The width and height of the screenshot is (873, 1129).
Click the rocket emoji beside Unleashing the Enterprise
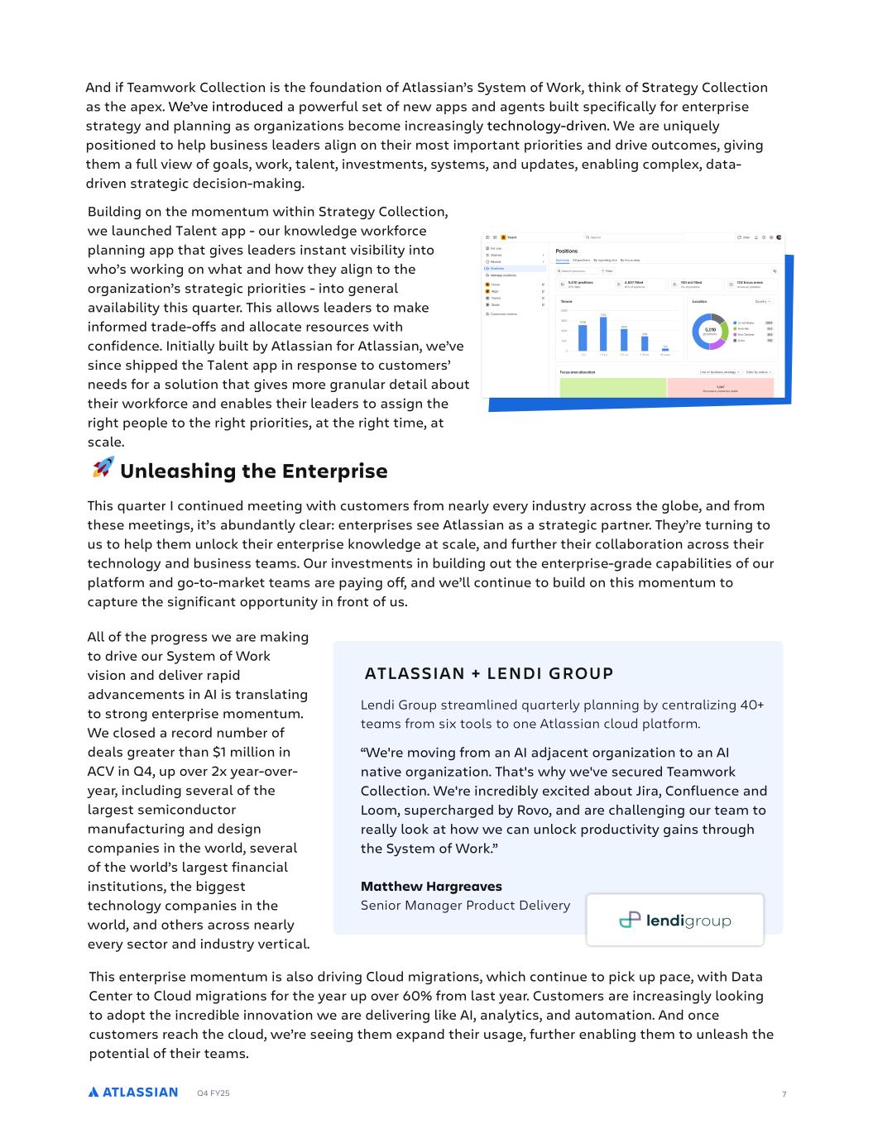103,468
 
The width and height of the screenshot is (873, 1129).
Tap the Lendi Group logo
674,920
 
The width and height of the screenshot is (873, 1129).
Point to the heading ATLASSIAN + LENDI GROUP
489,673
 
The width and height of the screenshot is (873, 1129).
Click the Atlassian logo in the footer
133,1093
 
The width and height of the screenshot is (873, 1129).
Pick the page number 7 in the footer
784,1094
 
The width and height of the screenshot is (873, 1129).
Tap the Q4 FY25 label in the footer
213,1093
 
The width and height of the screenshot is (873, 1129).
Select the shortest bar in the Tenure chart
665,349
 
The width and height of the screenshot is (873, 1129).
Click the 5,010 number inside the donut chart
709,329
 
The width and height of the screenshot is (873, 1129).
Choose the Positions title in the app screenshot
567,251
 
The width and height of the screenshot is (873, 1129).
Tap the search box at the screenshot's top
633,237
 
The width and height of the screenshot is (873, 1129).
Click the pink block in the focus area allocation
720,387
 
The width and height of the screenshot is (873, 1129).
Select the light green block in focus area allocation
612,387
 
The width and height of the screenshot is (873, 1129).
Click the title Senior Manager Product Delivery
465,906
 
